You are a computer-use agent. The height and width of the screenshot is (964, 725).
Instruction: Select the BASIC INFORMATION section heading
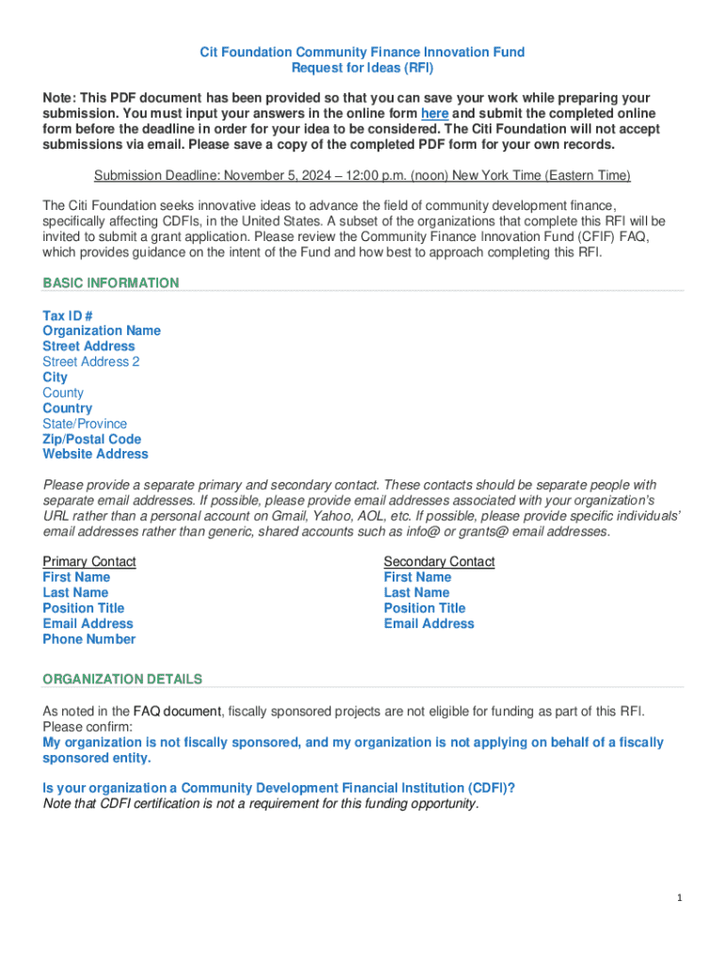tap(110, 282)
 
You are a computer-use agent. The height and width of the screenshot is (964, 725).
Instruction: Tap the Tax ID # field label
tap(68, 315)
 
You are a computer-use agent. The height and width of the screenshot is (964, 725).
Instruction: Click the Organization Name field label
tap(102, 330)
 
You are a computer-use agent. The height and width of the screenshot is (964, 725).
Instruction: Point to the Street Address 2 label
tap(91, 361)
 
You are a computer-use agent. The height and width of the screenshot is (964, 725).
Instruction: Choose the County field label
tap(63, 393)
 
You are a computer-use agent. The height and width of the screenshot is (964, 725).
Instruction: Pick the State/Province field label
tap(85, 424)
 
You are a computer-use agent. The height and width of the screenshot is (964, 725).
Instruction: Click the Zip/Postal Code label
tap(91, 439)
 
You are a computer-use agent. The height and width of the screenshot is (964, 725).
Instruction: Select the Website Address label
tap(95, 454)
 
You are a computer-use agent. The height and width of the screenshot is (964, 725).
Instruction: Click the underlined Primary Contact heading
tap(89, 561)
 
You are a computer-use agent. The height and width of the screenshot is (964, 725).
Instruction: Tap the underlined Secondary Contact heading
tap(439, 561)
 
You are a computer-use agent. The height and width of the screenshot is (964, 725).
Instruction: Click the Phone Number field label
tap(89, 639)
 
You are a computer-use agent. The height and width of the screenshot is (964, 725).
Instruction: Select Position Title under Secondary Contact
tap(425, 608)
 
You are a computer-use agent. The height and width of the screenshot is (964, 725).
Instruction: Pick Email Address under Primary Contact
tap(88, 623)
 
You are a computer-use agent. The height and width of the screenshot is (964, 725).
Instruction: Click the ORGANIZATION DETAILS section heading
tap(122, 679)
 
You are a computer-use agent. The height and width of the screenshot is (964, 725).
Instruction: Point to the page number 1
tap(679, 898)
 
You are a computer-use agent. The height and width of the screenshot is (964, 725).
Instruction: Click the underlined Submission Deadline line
tap(362, 175)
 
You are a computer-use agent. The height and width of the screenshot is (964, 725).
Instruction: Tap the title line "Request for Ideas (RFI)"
tap(362, 68)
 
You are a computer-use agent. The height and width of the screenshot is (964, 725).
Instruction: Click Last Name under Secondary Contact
tap(416, 592)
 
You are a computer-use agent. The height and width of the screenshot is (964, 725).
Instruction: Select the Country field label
tap(67, 409)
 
